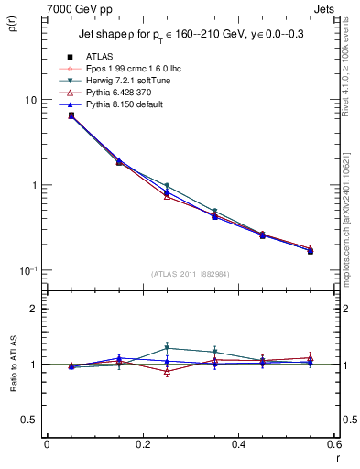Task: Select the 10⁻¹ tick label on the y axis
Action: pyautogui.click(x=27, y=270)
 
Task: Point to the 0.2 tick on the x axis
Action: pyautogui.click(x=142, y=444)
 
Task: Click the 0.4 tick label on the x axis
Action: pyautogui.click(x=238, y=444)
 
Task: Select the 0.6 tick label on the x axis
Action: pyautogui.click(x=333, y=444)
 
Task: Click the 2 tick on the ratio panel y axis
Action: pyautogui.click(x=33, y=309)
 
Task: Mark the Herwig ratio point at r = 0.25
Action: pyautogui.click(x=167, y=347)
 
